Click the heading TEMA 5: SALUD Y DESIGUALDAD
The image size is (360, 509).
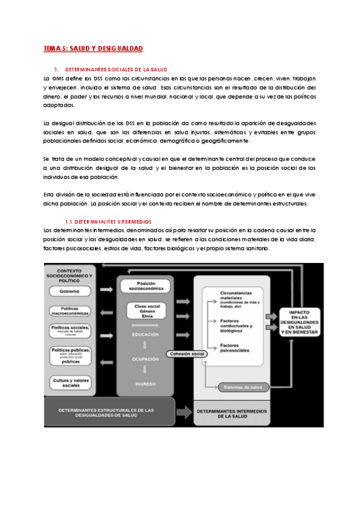click(93, 48)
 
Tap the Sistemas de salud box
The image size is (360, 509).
click(242, 387)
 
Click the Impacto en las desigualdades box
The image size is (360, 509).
click(302, 321)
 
